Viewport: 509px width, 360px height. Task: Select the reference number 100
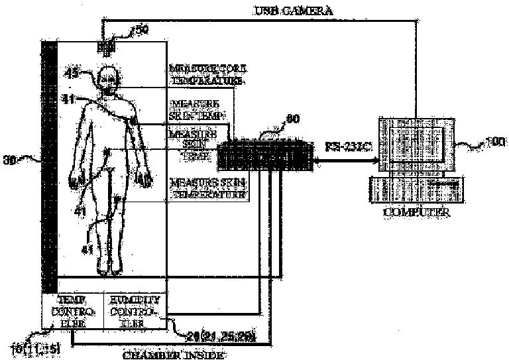pos(495,141)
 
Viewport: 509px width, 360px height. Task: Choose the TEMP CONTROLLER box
pos(72,310)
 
